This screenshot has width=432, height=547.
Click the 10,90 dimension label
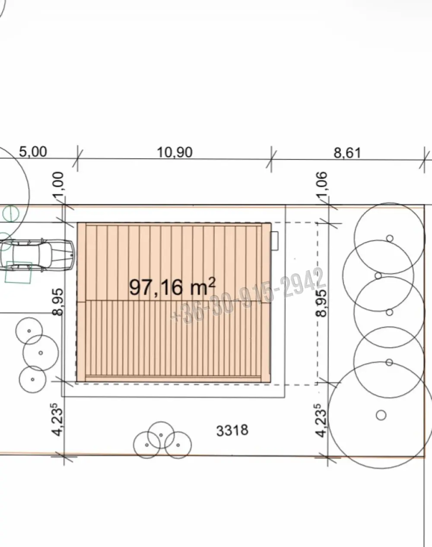coord(175,153)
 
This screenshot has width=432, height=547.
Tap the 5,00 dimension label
coord(33,152)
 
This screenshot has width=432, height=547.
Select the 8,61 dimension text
coord(347,153)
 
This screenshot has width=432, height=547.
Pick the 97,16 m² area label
coord(172,287)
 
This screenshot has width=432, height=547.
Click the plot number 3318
coord(232,431)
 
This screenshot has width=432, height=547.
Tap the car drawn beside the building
coord(37,254)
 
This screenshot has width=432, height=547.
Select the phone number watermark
coord(248,296)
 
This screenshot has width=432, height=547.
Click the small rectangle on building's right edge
coord(275,241)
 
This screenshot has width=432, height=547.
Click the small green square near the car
coord(19,272)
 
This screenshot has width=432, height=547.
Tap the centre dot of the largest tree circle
coord(381,415)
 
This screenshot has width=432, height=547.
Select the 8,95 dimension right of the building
coord(321,303)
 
